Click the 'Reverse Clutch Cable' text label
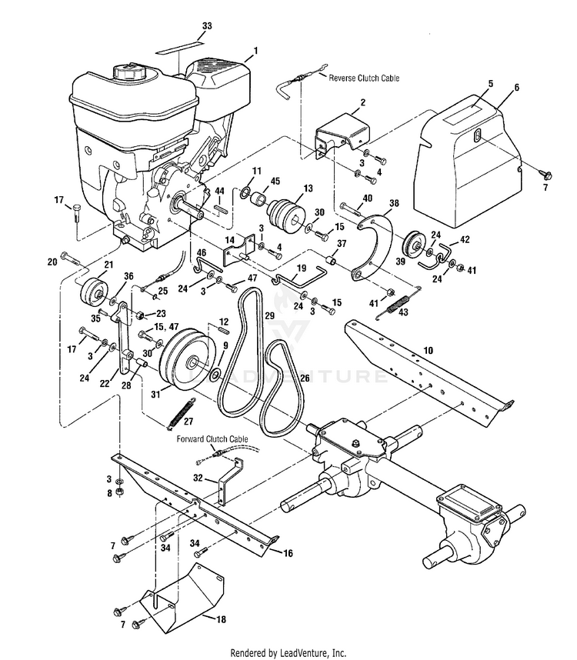pyautogui.click(x=364, y=78)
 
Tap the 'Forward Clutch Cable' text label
pyautogui.click(x=212, y=439)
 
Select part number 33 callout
pyautogui.click(x=207, y=26)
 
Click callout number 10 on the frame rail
pyautogui.click(x=428, y=350)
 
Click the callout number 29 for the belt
pyautogui.click(x=269, y=315)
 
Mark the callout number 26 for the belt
pyautogui.click(x=305, y=378)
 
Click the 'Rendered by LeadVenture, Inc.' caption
pyautogui.click(x=288, y=653)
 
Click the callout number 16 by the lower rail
pyautogui.click(x=288, y=553)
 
